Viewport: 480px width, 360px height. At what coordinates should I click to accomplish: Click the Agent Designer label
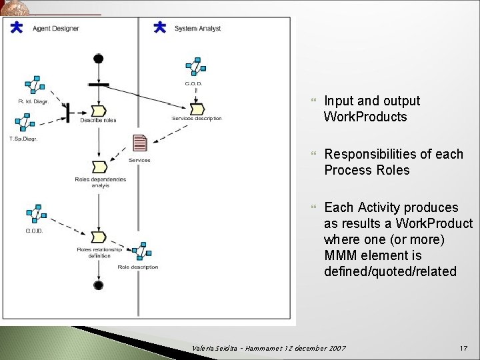coord(56,29)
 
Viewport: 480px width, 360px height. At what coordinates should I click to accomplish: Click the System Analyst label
coord(197,29)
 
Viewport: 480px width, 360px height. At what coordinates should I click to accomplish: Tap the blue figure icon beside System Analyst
coord(160,27)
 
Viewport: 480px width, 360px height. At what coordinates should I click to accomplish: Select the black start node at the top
coord(99,59)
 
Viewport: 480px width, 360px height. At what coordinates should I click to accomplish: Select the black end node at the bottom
coord(99,285)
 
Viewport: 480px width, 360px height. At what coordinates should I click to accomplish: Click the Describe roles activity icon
coord(99,110)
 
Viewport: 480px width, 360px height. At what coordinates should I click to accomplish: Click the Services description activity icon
coord(197,109)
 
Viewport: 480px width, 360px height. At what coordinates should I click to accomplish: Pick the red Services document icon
coord(140,143)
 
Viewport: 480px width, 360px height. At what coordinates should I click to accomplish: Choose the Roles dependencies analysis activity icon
coord(99,167)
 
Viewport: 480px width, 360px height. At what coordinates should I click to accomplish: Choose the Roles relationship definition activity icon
coord(99,237)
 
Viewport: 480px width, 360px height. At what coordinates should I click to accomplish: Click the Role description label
coord(137,267)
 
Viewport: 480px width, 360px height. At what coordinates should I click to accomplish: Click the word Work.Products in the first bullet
coord(365,117)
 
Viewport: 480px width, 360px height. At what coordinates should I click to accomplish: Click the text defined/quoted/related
coord(390,271)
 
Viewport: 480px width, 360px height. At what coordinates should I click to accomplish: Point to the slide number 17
coord(464,349)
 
